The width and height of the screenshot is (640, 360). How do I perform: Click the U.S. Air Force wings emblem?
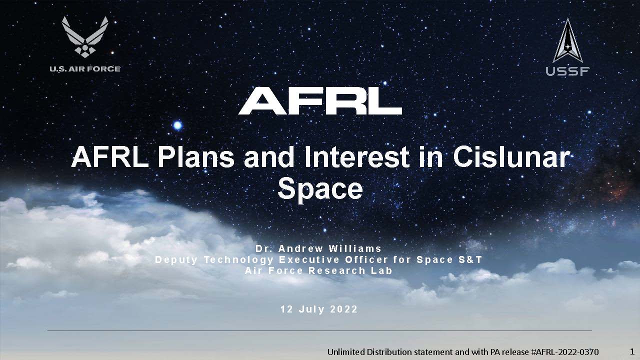(85, 37)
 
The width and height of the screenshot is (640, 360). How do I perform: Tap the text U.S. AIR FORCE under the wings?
(85, 69)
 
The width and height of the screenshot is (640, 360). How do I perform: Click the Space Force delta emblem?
(567, 40)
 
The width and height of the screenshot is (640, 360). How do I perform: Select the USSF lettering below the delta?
(567, 71)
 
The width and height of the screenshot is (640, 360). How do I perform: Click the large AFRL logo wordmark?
(320, 101)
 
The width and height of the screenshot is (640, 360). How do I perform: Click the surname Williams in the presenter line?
(355, 249)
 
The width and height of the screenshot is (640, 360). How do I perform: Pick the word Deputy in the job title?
(176, 260)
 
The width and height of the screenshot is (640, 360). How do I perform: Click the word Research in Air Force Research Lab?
(337, 270)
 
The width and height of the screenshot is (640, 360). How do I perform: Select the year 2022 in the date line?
(343, 309)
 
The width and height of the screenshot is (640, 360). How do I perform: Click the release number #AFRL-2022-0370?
(565, 352)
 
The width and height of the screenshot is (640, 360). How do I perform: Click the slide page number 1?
(632, 351)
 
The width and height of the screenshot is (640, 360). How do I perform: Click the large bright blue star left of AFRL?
(177, 125)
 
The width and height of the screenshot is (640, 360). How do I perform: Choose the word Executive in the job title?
(309, 259)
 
